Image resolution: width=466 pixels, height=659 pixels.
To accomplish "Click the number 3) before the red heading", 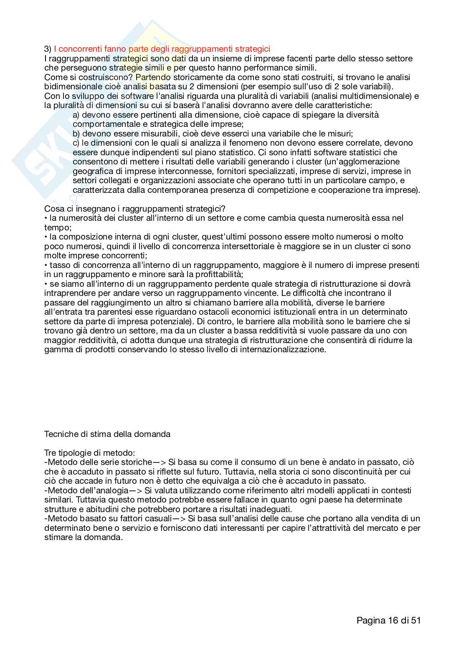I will click(x=48, y=49).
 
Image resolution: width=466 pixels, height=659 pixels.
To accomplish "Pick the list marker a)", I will click(x=76, y=115).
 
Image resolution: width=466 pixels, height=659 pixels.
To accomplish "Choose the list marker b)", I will click(x=76, y=134).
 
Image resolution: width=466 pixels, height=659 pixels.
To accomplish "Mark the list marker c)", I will click(x=76, y=143).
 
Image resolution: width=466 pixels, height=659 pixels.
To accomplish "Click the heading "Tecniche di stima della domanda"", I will click(x=107, y=434).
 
